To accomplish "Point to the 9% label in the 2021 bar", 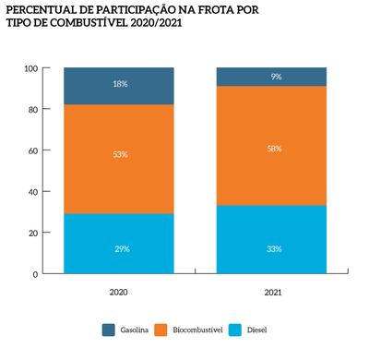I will (x=274, y=77).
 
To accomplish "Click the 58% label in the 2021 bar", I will (x=274, y=149).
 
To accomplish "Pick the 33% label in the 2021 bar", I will (x=274, y=248).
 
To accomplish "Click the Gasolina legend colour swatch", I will (x=110, y=330).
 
